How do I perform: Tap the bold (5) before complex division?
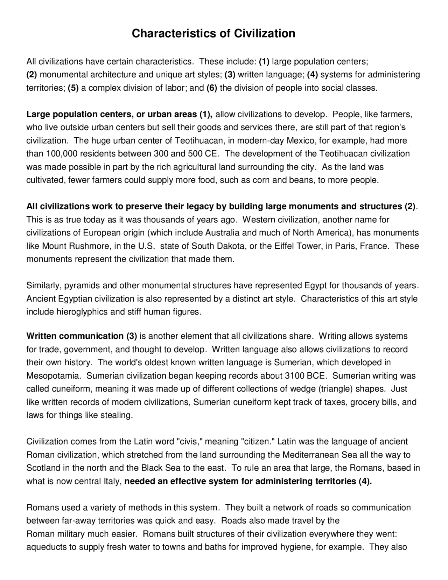73,88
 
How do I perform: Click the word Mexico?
300,141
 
